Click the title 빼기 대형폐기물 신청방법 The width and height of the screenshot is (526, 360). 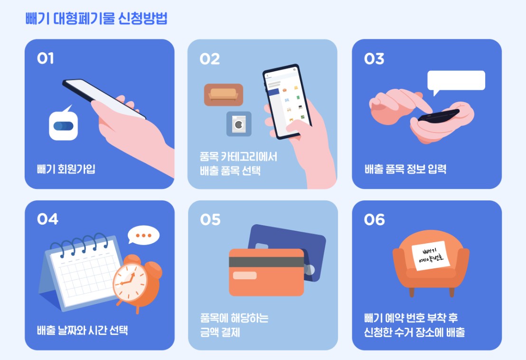pyautogui.click(x=96, y=18)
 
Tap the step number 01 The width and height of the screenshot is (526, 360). pyautogui.click(x=45, y=58)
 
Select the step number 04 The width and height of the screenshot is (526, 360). pyautogui.click(x=47, y=219)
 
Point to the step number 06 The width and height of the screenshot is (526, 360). pyautogui.click(x=375, y=220)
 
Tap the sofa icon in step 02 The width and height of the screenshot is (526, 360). pyautogui.click(x=224, y=95)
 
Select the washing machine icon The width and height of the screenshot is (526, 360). pyautogui.click(x=239, y=124)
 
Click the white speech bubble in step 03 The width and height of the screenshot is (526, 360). pyautogui.click(x=456, y=81)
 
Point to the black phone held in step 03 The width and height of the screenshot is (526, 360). pyautogui.click(x=439, y=116)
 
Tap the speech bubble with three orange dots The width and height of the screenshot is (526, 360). pyautogui.click(x=143, y=235)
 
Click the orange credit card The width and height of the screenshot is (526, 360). pyautogui.click(x=266, y=272)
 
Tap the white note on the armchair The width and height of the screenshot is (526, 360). pyautogui.click(x=431, y=256)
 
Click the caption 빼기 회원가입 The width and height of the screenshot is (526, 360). pyautogui.click(x=66, y=169)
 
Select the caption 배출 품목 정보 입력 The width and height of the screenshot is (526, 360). pyautogui.click(x=405, y=169)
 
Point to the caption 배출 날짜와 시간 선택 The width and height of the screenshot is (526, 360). pyautogui.click(x=82, y=331)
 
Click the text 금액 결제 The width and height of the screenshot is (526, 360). pyautogui.click(x=220, y=332)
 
